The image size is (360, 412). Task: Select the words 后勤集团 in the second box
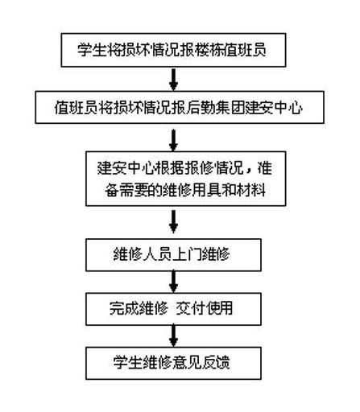[x=215, y=108]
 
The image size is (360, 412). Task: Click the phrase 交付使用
[x=205, y=308]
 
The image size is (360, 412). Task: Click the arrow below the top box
[x=173, y=79]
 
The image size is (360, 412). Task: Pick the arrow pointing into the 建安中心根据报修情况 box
[x=173, y=140]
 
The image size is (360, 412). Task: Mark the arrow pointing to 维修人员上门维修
[x=173, y=222]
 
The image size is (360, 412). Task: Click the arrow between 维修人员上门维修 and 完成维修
[x=173, y=282]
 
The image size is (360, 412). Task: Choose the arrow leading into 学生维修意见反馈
[x=173, y=336]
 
